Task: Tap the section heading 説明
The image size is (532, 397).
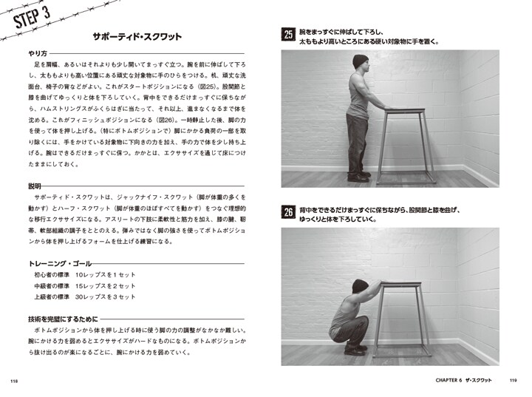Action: [x=33, y=185]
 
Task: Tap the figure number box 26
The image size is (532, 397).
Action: [x=288, y=213]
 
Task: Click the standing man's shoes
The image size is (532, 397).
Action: [x=359, y=177]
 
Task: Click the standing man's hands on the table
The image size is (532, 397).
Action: [x=389, y=109]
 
